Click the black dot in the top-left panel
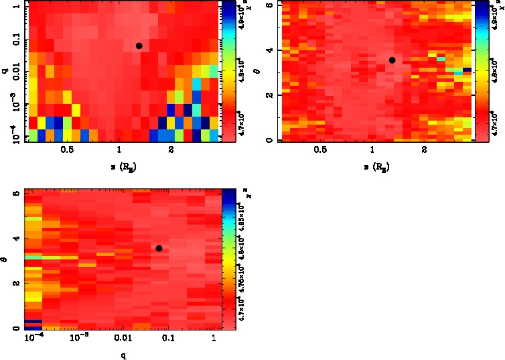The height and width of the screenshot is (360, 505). (139, 46)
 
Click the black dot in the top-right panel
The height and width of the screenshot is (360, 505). (392, 60)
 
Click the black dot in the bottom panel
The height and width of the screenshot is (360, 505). (159, 248)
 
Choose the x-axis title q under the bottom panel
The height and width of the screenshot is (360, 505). (124, 356)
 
